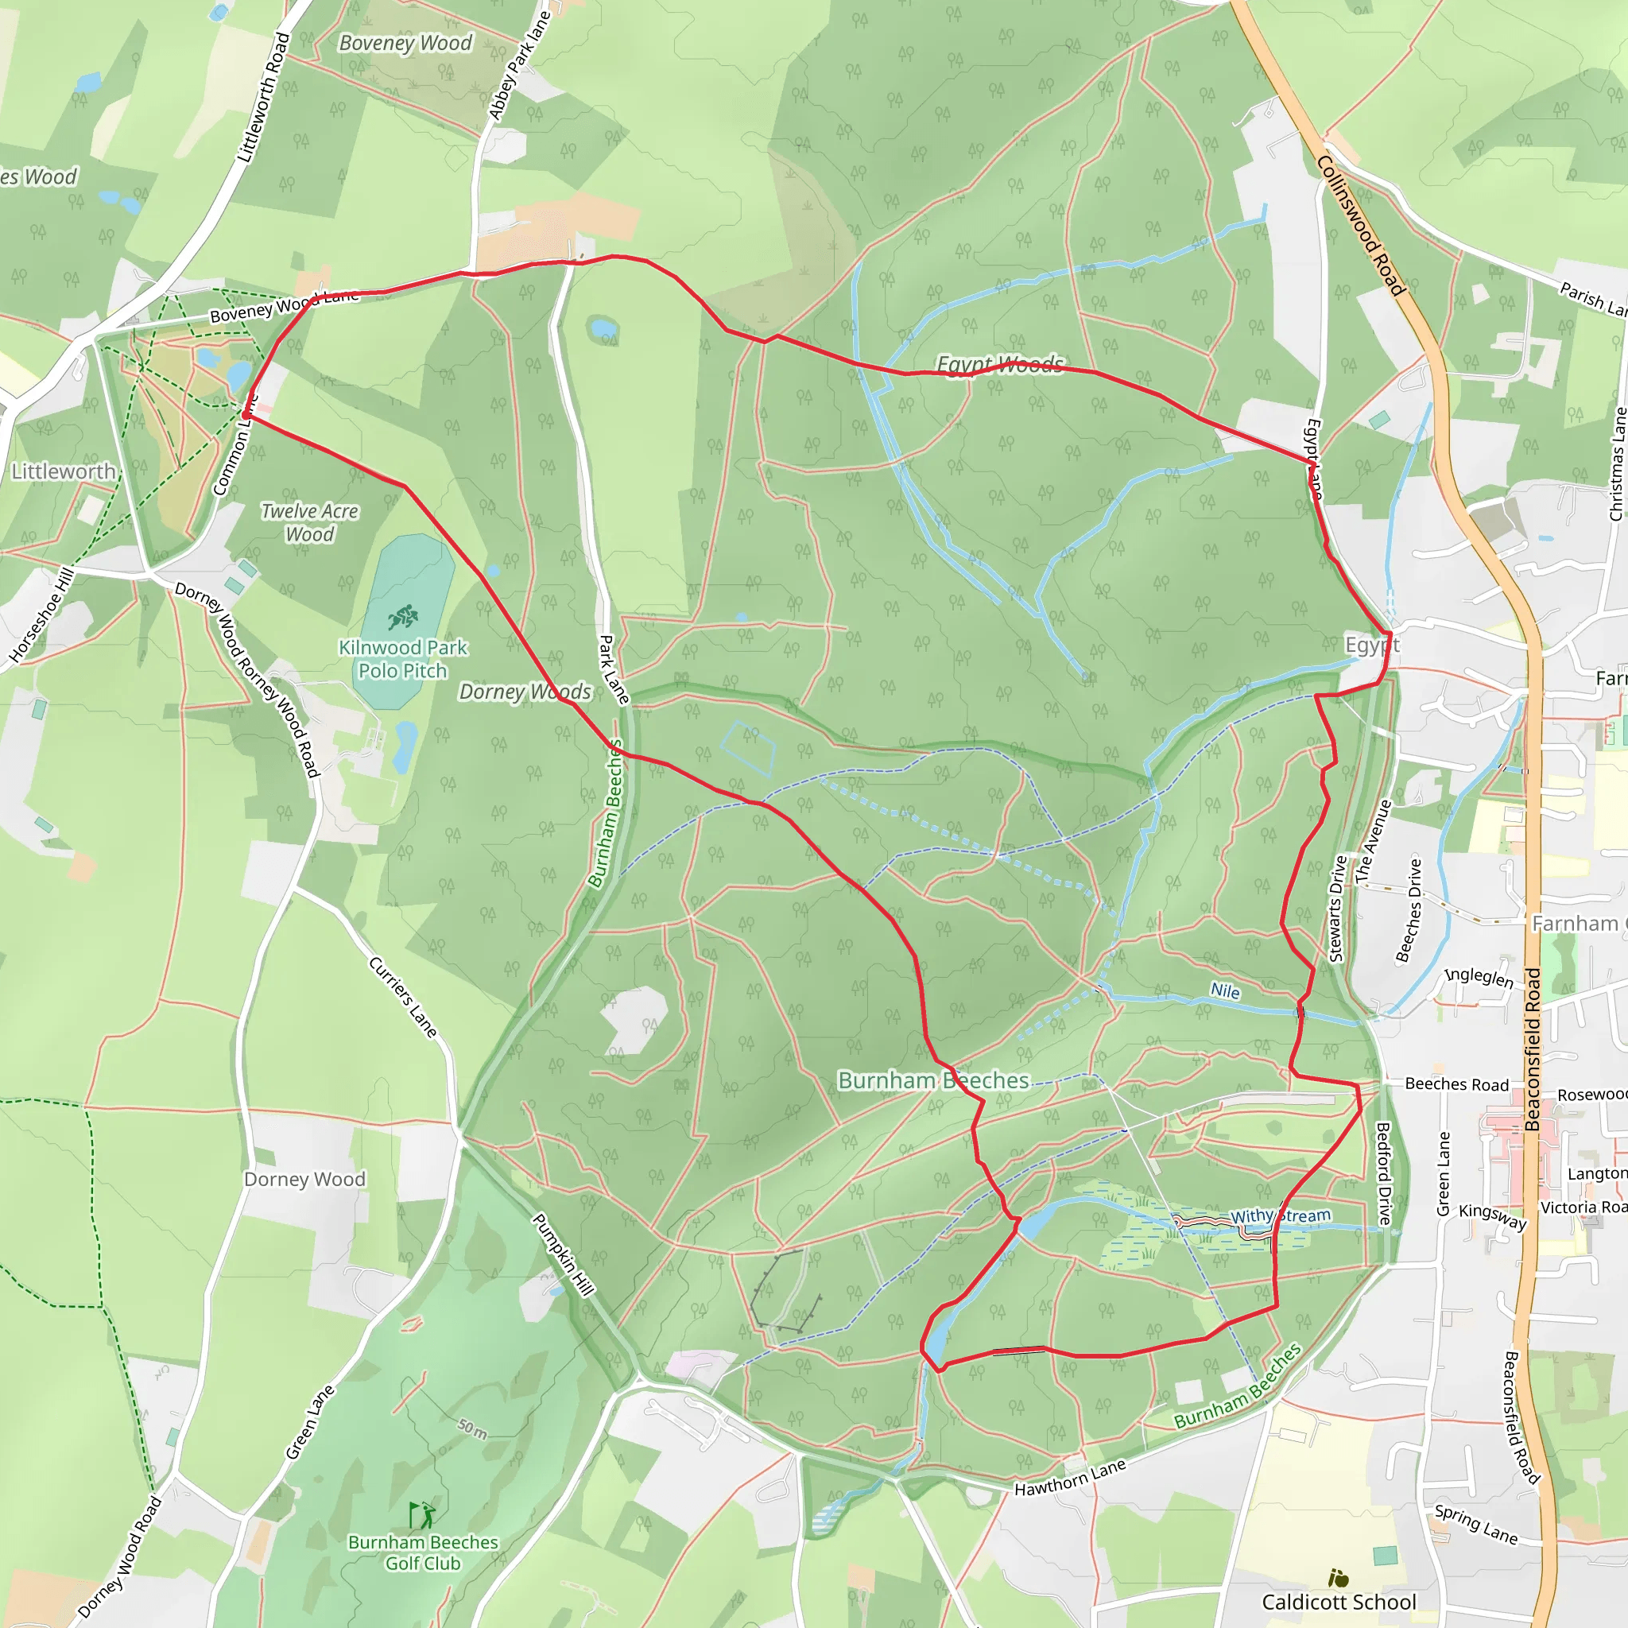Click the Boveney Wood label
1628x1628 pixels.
click(405, 43)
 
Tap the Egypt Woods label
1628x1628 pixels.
click(1000, 364)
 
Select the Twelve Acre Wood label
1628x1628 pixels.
click(309, 522)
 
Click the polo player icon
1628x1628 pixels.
click(403, 617)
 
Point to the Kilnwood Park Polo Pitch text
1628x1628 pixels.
click(403, 659)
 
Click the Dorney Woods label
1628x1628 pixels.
click(525, 692)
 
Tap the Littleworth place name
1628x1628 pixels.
click(64, 471)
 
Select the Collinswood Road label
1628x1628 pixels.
click(1361, 225)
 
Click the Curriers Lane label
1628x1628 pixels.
click(403, 998)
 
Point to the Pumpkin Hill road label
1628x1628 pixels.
click(563, 1254)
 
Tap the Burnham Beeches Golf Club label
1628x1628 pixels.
click(423, 1552)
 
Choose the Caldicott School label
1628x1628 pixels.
click(1339, 1602)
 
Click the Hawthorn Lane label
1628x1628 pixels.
click(1070, 1478)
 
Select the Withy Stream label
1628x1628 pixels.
click(1280, 1216)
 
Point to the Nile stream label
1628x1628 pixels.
click(1225, 991)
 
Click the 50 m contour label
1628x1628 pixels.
click(473, 1428)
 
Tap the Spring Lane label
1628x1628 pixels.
click(1476, 1525)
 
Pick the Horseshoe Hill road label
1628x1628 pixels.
click(41, 615)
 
